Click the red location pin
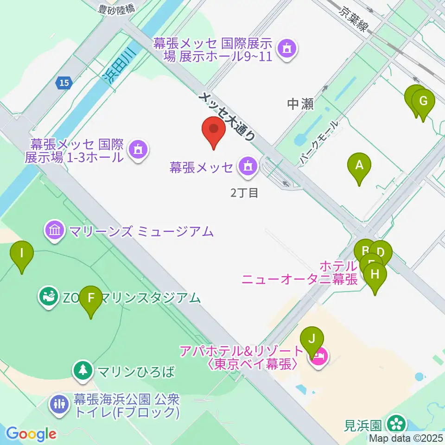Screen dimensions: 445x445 coord(214,129)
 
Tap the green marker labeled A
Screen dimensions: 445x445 coord(359,165)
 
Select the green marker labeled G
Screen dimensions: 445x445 coord(423,102)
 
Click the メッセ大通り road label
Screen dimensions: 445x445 coord(227,116)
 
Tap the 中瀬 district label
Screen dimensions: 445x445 coord(300,104)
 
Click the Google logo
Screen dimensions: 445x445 coord(32,434)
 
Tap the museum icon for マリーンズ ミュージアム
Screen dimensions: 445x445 coord(55,230)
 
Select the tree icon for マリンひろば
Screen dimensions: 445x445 coord(83,370)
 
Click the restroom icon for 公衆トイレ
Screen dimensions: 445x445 coord(59,403)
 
